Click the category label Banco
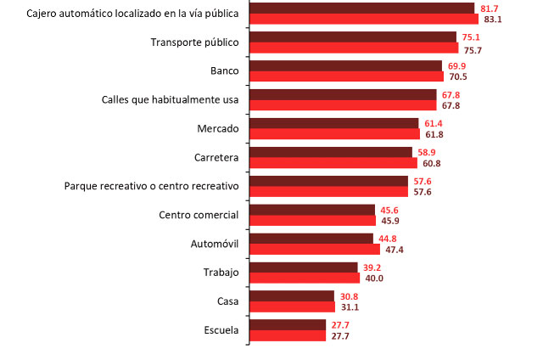tap(224, 70)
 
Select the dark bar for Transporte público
tap(353, 37)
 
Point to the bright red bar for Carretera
tap(333, 163)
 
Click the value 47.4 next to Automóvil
tap(395, 250)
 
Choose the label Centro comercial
tap(199, 215)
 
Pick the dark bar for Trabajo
tap(304, 267)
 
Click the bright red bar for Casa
tap(293, 307)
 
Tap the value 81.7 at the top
tap(490, 8)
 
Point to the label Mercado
tap(217, 128)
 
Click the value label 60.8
tap(429, 163)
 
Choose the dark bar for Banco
tap(345, 65)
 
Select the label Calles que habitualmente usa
tap(169, 99)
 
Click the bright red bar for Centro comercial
tap(313, 221)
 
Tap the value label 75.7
tap(473, 48)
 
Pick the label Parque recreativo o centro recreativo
tap(152, 186)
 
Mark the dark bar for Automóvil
tap(311, 239)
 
